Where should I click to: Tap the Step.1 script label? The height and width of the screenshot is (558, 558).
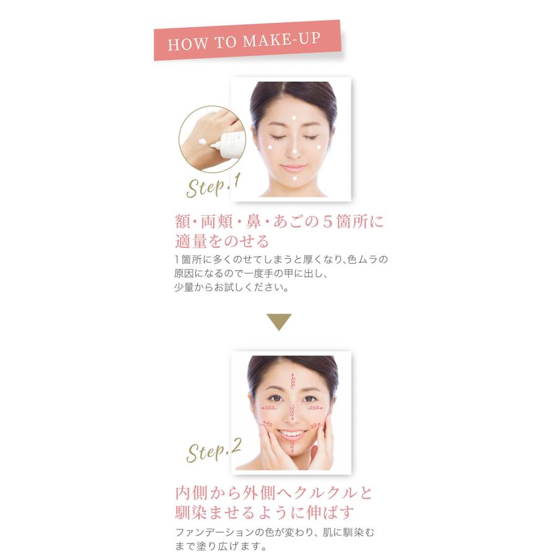[x=213, y=185]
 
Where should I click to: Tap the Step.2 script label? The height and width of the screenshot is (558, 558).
[x=214, y=451]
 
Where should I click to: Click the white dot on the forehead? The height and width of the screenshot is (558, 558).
[x=294, y=118]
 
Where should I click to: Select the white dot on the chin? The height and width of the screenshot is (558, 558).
[x=294, y=179]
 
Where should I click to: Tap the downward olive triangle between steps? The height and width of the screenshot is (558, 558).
[x=279, y=322]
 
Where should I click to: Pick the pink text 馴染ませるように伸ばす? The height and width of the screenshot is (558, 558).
[x=265, y=513]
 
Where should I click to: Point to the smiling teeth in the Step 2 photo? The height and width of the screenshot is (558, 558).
[x=292, y=434]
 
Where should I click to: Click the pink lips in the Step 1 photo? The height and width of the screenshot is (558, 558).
[x=294, y=168]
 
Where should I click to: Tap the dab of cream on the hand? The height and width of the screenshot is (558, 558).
[x=202, y=144]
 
